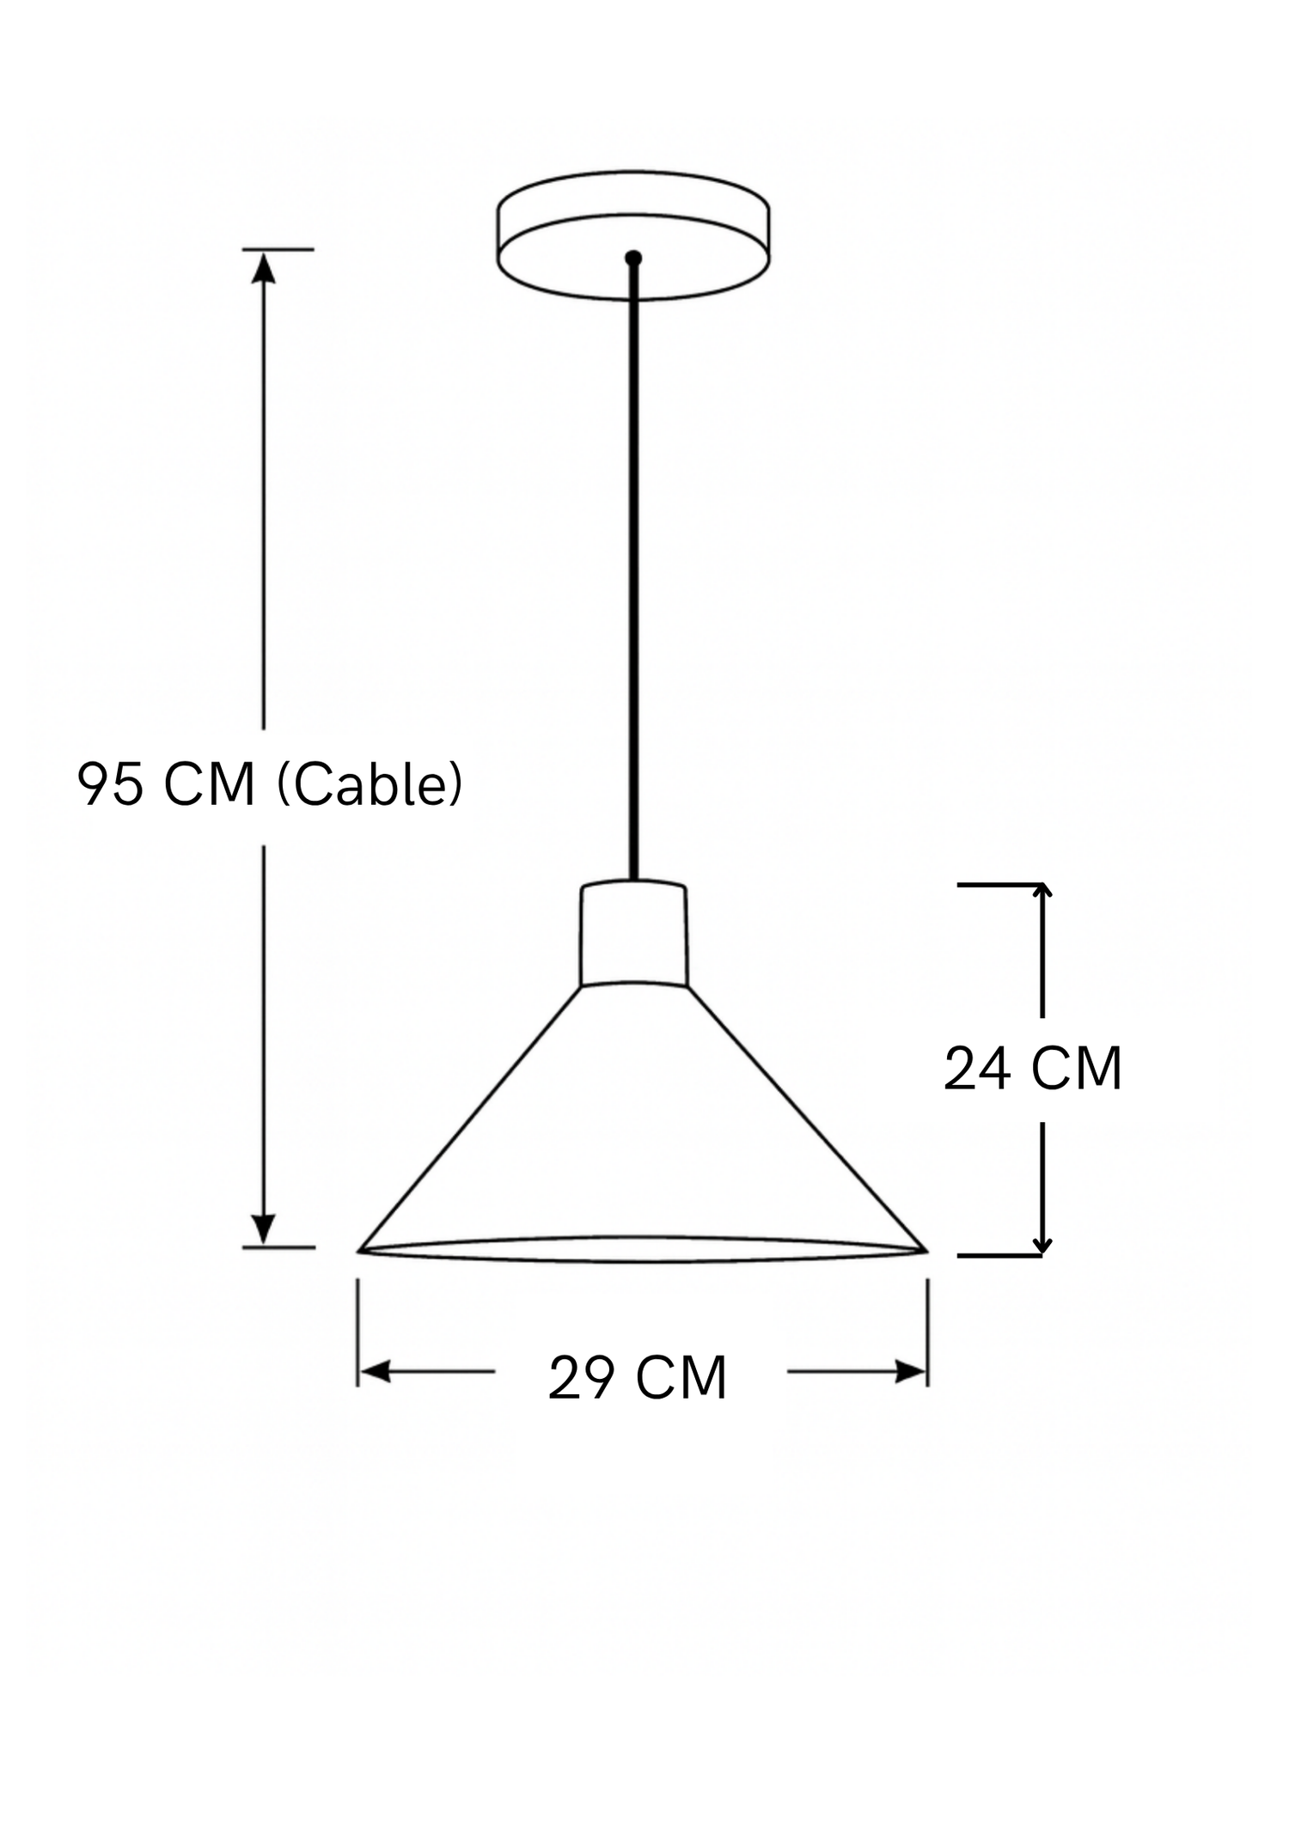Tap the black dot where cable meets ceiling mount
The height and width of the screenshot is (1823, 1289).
tap(633, 257)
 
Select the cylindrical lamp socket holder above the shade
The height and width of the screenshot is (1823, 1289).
tap(633, 933)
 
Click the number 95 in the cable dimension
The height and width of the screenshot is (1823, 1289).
tap(110, 783)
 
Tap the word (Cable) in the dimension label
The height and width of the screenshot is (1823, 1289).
tap(370, 784)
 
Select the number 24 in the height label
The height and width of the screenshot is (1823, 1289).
tap(976, 1070)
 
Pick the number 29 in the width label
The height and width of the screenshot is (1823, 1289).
tap(582, 1379)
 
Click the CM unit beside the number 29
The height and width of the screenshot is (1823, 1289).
tap(682, 1379)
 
